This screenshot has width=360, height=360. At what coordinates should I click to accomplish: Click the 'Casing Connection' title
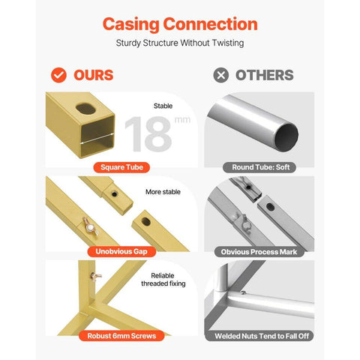coord(180,25)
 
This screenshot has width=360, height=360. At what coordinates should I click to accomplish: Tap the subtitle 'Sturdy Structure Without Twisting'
coord(180,43)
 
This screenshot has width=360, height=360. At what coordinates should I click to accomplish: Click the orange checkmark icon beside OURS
coord(58,75)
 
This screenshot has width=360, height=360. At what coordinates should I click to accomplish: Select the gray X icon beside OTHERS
coord(221,75)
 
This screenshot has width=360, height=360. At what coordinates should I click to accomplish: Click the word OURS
coord(94,75)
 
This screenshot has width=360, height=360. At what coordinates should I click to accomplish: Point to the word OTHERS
coord(265,75)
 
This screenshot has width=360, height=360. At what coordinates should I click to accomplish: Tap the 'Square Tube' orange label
coord(121,167)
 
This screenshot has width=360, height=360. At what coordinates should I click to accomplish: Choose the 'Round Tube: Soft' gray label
coord(259,167)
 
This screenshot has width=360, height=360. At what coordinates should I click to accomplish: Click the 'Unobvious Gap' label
coord(121,251)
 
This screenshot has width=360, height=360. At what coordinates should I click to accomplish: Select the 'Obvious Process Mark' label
coord(259,252)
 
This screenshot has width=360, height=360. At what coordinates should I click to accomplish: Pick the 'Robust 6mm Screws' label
coord(121,336)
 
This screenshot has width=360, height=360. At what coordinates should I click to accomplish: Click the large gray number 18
coord(148,134)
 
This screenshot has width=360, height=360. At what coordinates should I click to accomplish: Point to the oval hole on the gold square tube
coord(85,109)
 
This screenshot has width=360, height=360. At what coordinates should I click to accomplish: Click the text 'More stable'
coord(163,192)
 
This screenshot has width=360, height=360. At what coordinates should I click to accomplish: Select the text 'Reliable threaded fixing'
coord(163,280)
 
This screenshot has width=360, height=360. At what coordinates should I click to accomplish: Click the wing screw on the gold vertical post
coord(96,276)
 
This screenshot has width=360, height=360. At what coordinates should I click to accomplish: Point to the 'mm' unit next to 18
coord(182,120)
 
